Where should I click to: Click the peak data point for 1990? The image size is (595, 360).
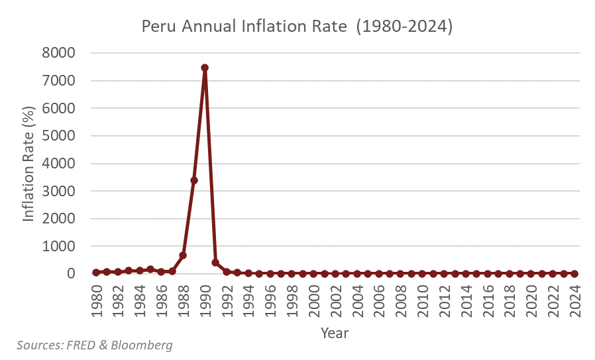tap(205, 68)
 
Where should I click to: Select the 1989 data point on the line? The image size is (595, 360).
tap(194, 180)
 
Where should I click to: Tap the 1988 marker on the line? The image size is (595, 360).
tap(183, 255)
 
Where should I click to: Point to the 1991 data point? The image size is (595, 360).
tap(215, 263)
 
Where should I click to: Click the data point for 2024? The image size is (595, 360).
tap(574, 273)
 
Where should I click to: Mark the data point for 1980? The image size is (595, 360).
tap(96, 272)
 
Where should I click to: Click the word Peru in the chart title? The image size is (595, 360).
tap(158, 27)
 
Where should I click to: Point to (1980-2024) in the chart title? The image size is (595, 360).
tap(404, 27)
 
